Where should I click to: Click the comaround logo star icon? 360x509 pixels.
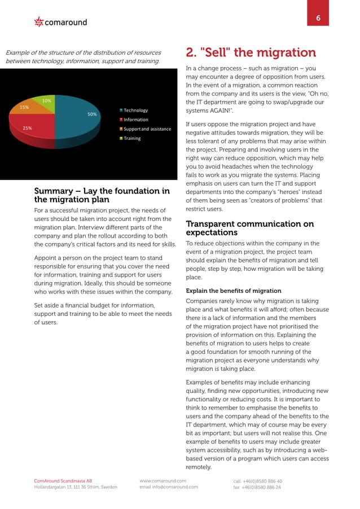39,22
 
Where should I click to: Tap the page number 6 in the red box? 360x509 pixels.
318,19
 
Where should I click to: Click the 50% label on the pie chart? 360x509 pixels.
92,115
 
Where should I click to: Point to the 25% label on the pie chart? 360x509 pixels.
27,128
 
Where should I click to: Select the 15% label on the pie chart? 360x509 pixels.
24,107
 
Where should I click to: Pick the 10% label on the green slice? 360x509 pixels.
47,100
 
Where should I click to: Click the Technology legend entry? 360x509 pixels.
135,111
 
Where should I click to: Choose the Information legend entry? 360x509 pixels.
135,120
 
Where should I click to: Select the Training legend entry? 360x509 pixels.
132,138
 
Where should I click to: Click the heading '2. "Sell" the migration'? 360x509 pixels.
251,53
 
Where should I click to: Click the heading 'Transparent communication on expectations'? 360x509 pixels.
249,228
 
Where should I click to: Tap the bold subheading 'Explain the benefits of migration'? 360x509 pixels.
233,291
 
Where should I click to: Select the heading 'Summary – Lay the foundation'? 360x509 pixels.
102,195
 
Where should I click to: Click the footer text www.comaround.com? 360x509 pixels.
163,481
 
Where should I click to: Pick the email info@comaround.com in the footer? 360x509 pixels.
168,487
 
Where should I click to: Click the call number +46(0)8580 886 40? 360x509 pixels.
257,481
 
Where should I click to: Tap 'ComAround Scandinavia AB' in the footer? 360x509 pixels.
63,481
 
